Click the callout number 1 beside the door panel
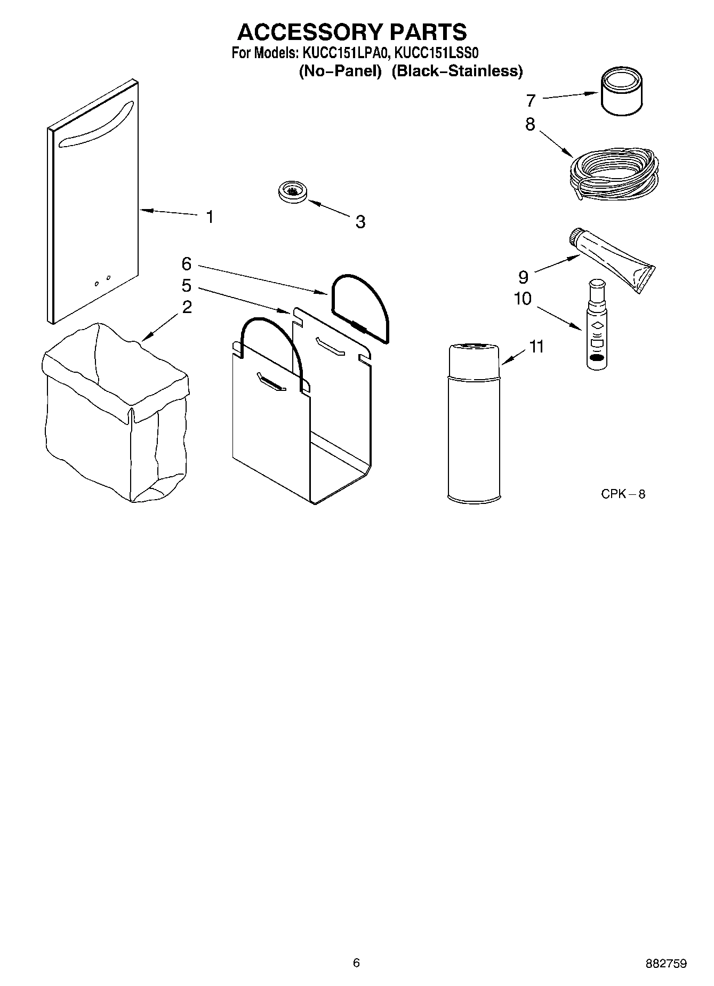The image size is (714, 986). tap(210, 217)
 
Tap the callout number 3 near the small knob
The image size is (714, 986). tap(360, 222)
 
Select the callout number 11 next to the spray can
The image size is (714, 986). tap(536, 347)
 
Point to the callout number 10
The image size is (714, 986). tap(523, 299)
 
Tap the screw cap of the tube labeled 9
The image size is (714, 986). tap(577, 237)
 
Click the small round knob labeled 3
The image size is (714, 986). tap(293, 192)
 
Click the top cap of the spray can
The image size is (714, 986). tap(474, 355)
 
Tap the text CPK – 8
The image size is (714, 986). tap(623, 494)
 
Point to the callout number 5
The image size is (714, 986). tap(186, 286)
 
